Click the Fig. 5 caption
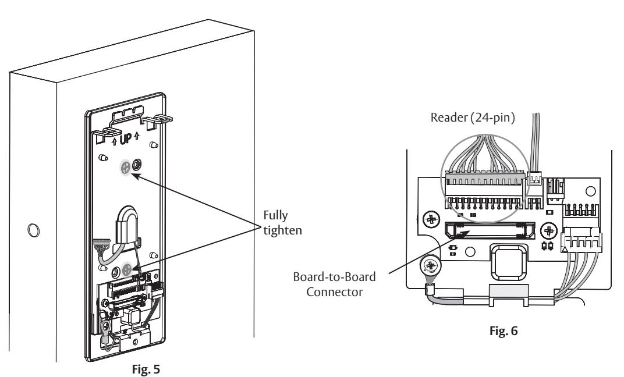[146, 369]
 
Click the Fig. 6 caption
[504, 331]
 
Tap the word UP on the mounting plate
[125, 139]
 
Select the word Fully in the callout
[275, 216]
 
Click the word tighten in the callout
[282, 230]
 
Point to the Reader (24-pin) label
[473, 118]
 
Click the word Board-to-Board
[334, 277]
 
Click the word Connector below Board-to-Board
[334, 292]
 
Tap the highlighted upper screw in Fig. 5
[125, 166]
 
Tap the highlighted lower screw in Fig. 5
[127, 269]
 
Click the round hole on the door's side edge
[33, 230]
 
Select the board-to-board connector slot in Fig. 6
[490, 230]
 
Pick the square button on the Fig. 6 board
[509, 262]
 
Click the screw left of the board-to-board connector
[431, 219]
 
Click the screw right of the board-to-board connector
[549, 230]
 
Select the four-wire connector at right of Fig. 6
[582, 242]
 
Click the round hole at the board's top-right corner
[591, 191]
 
